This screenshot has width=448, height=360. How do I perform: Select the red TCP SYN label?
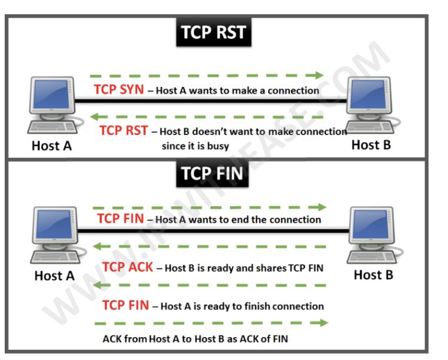pyautogui.click(x=118, y=90)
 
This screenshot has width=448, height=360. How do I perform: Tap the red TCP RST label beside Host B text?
pyautogui.click(x=123, y=131)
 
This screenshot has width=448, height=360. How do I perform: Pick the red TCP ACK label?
pyautogui.click(x=127, y=267)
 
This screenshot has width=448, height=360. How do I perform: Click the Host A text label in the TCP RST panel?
pyautogui.click(x=52, y=145)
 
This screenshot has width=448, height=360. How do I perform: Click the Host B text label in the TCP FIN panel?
pyautogui.click(x=373, y=274)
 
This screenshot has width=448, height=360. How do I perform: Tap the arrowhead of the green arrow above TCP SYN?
pyautogui.click(x=319, y=75)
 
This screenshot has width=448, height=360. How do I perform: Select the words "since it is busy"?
pyautogui.click(x=195, y=145)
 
